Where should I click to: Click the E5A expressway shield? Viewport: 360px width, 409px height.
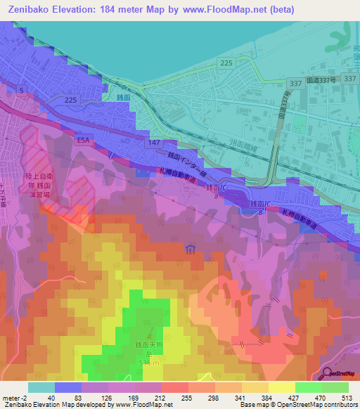(83, 141)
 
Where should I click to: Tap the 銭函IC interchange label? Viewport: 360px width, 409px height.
(214, 189)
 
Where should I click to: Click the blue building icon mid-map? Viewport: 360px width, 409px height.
(190, 249)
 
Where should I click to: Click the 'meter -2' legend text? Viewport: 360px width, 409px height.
(14, 398)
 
